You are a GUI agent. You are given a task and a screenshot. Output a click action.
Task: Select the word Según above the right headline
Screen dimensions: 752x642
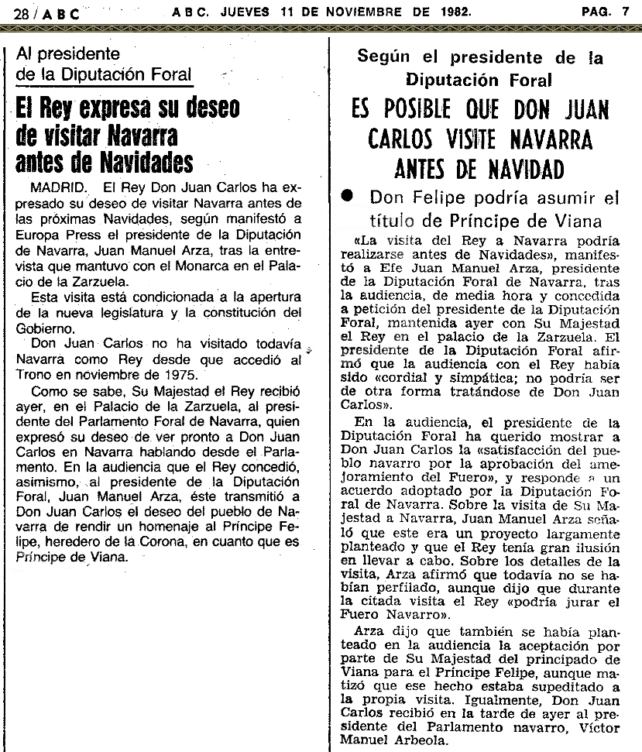385,57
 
